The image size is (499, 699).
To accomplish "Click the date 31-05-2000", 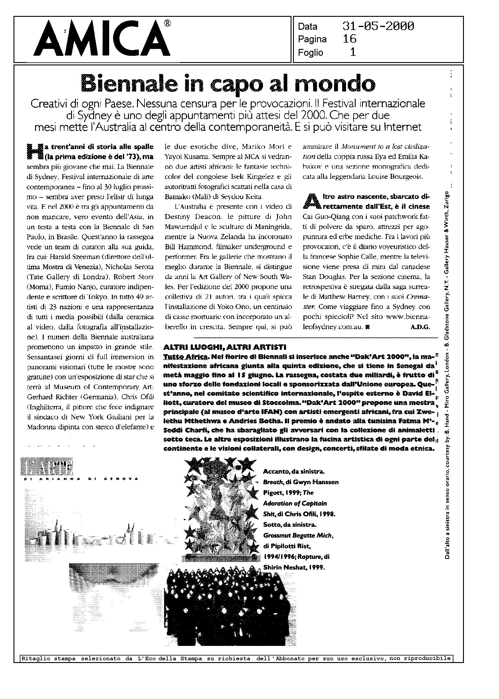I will click(x=378, y=26).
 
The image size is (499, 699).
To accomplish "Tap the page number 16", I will click(x=349, y=39).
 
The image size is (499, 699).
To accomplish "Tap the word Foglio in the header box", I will click(x=310, y=53).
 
